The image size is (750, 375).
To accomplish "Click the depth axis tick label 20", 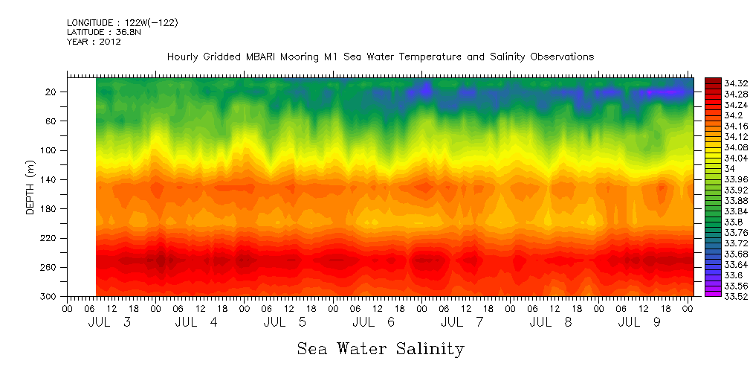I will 52,92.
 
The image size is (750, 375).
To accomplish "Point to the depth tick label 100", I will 50,150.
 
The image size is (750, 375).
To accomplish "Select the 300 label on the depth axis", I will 50,296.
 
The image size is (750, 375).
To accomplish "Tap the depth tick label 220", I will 50,238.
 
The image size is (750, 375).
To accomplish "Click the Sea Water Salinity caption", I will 381,348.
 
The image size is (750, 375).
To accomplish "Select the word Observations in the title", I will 560,57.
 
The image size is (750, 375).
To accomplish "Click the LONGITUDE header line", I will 122,22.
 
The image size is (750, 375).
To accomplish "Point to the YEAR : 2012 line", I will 94,42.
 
